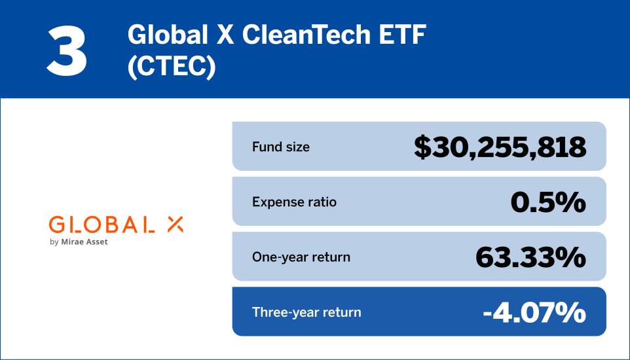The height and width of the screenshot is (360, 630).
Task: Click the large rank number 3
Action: tap(66, 50)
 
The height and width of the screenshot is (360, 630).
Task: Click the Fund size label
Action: tap(281, 147)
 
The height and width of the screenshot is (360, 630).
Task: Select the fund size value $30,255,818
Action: tap(500, 147)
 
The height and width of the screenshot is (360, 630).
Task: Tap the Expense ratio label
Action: tap(294, 202)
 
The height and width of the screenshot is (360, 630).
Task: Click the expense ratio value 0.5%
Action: tap(547, 202)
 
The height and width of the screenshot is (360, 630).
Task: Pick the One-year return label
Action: tap(301, 257)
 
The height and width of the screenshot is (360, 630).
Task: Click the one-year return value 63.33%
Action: tap(530, 257)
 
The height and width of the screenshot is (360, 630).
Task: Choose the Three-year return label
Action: tap(306, 312)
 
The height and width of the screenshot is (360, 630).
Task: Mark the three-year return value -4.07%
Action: tap(534, 313)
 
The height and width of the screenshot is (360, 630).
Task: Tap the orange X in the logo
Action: tap(175, 225)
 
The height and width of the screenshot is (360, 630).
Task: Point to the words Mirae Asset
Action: tap(85, 242)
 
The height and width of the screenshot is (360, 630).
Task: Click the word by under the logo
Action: tap(54, 243)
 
